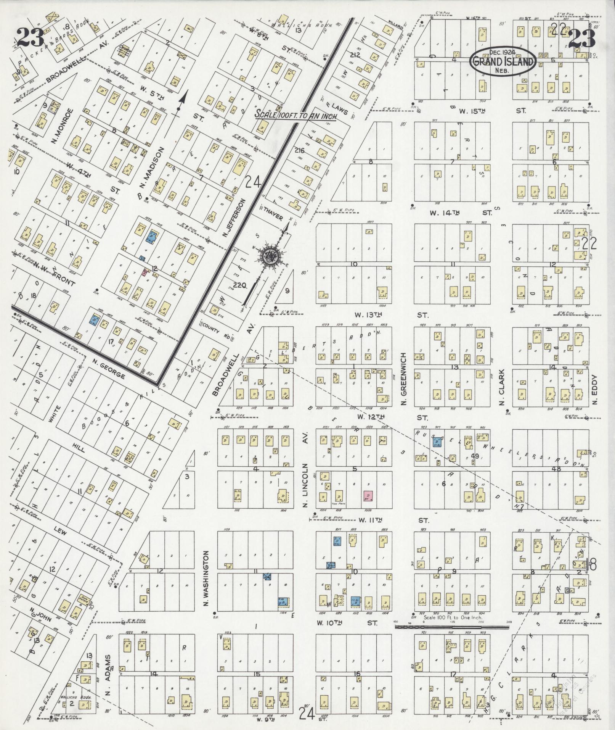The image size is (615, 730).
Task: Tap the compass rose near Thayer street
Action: (x=271, y=256)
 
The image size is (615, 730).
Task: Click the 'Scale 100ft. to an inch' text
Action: (x=296, y=115)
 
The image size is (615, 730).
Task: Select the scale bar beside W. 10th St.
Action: (x=452, y=627)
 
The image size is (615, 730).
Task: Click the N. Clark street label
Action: (x=502, y=387)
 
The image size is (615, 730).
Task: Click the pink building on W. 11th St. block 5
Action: (x=368, y=496)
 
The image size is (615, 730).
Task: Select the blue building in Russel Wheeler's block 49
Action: (x=437, y=442)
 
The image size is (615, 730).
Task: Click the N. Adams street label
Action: (x=108, y=676)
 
